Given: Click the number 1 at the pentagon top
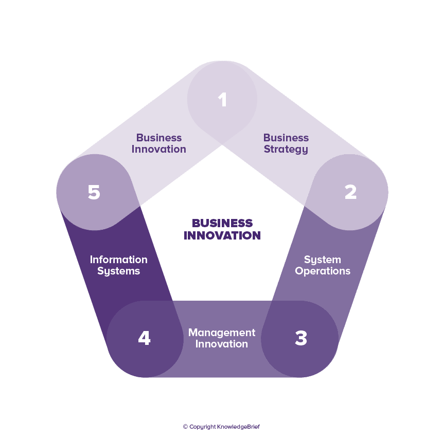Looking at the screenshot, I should (222, 100).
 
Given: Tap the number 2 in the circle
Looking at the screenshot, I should (350, 192).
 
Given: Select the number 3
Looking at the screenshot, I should (301, 338).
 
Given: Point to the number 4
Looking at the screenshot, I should (144, 338).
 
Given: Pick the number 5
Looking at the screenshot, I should (94, 192).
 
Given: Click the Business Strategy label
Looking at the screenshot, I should (286, 143).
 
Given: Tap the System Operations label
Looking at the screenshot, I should (323, 265).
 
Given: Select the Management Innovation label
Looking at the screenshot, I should (222, 338).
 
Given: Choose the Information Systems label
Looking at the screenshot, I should (118, 265).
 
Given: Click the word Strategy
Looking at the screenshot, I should (286, 150).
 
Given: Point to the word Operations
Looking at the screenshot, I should (323, 271).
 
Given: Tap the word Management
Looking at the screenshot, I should (222, 333).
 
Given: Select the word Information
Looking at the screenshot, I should (118, 260).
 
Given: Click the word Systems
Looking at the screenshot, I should (118, 271).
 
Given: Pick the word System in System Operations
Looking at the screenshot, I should (323, 260).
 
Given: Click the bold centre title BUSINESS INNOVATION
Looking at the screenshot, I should (222, 229).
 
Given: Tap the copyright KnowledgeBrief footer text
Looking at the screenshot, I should (221, 427).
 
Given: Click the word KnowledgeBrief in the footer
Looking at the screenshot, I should (238, 427).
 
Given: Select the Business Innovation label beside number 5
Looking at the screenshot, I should (159, 143).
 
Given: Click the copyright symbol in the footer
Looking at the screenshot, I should (185, 427).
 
